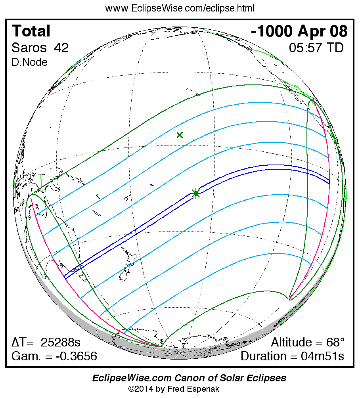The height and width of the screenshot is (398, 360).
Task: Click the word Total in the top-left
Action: pos(31,31)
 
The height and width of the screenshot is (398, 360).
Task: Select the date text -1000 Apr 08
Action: pos(299,31)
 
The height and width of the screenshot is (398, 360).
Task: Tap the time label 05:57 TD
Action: pos(316,48)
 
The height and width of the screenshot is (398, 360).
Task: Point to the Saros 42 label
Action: pos(40,48)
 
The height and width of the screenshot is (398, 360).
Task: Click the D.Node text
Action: pos(29,62)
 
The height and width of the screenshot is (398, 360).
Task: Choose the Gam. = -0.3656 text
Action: pos(54,356)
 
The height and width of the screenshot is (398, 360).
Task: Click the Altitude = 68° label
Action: pos(308,342)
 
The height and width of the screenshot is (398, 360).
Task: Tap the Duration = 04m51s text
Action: pos(292,356)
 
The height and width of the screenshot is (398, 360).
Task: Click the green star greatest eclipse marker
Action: pos(195,193)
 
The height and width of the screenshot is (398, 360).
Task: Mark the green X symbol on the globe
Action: pos(180,135)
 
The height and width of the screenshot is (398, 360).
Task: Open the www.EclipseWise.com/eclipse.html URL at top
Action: pos(180,8)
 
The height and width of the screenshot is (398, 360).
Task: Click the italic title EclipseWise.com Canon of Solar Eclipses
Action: pos(189,378)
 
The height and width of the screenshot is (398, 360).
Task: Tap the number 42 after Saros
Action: pos(61,48)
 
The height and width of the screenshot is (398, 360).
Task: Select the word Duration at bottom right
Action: pos(263,356)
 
